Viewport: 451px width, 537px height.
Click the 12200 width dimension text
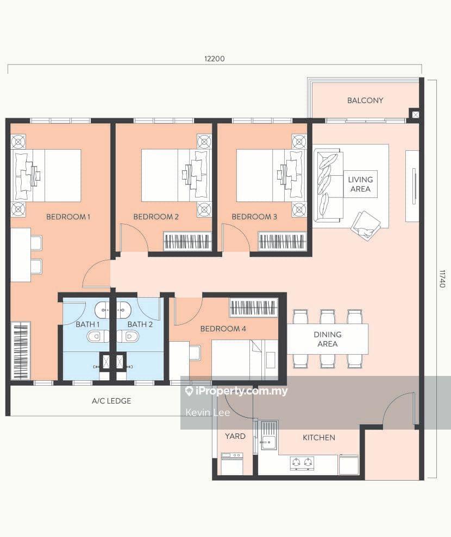pos(214,59)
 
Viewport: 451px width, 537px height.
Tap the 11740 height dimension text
pos(442,278)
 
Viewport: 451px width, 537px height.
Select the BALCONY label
pos(365,100)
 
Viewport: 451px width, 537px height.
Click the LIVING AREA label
pos(360,184)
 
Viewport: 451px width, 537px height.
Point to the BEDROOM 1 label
pos(68,217)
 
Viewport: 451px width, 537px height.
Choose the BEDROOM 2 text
pos(156,217)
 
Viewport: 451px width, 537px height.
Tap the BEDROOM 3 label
pos(254,217)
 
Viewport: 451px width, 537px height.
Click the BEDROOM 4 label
pos(223,329)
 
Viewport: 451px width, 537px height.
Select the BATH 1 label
pos(87,324)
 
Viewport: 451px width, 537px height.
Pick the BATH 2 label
pos(140,324)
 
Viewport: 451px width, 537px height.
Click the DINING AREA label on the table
pos(327,339)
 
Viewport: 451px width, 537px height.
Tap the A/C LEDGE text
pos(111,401)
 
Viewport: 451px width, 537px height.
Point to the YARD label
pos(235,436)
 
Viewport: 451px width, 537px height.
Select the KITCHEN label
pos(319,437)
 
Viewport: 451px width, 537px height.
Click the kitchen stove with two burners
pos(303,463)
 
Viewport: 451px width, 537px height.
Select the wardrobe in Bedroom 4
pos(254,308)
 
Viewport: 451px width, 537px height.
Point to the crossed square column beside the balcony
pos(415,114)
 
